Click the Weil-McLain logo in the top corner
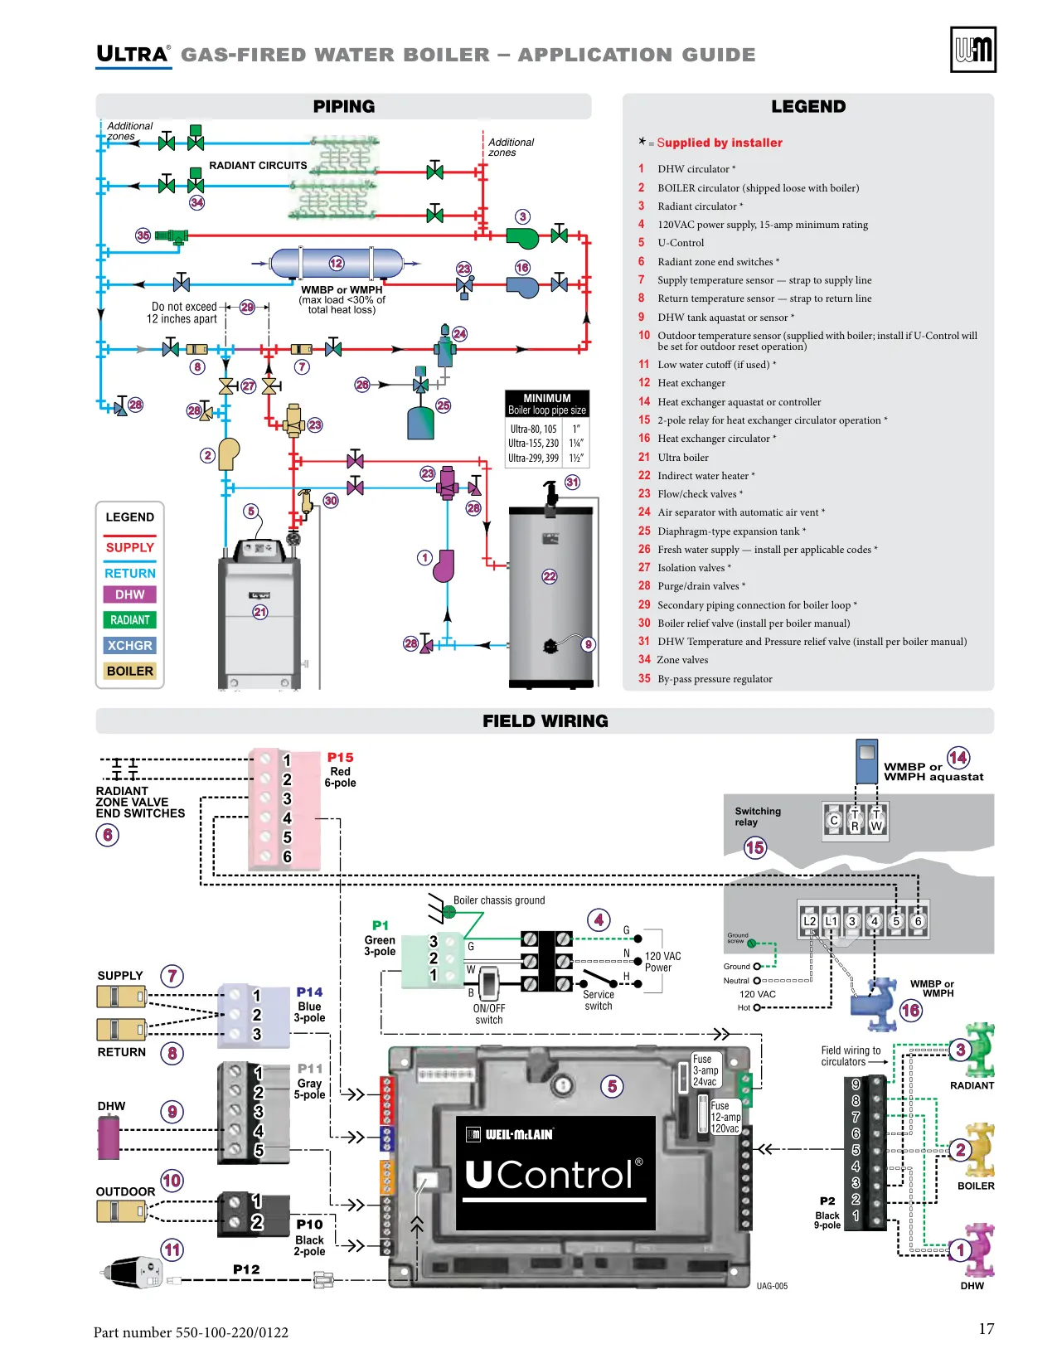(x=972, y=49)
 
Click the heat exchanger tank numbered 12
(x=337, y=263)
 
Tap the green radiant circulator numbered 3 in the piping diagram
(x=522, y=238)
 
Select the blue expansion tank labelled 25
(x=420, y=423)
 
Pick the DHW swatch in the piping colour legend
(x=129, y=594)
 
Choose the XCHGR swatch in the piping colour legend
(x=129, y=645)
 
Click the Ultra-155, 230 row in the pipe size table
(x=545, y=444)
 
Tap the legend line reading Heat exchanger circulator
(x=715, y=438)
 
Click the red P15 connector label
(x=340, y=757)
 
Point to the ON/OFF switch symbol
(x=488, y=983)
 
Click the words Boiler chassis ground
(x=498, y=900)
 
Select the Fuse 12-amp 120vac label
(x=725, y=1117)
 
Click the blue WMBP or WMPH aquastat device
(x=866, y=761)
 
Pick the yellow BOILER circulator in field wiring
(x=977, y=1150)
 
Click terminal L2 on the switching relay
(x=809, y=921)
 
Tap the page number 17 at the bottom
(x=986, y=1328)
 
